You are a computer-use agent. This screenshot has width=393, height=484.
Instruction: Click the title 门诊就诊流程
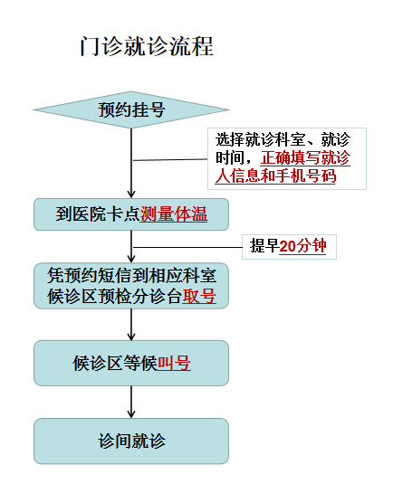click(x=147, y=46)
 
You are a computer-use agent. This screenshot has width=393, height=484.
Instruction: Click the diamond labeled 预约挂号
click(x=131, y=109)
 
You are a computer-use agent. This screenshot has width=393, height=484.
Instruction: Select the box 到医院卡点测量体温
click(x=131, y=214)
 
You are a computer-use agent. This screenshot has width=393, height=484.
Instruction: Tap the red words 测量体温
click(x=174, y=214)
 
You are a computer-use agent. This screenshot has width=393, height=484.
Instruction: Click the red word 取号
click(x=199, y=296)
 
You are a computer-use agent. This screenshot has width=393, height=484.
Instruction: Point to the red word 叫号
click(x=174, y=363)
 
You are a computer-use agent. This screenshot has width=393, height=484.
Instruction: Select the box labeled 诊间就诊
click(x=131, y=441)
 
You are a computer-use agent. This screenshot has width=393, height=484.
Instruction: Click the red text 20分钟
click(x=302, y=246)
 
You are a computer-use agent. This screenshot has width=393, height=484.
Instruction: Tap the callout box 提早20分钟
click(x=289, y=247)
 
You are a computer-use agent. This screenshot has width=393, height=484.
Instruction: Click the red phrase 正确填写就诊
click(x=305, y=158)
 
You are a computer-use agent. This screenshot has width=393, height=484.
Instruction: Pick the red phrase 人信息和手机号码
click(x=275, y=176)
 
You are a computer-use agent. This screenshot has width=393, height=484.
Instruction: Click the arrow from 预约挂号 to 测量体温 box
click(x=131, y=163)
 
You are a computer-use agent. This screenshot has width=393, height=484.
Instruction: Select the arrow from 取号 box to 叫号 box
click(x=131, y=325)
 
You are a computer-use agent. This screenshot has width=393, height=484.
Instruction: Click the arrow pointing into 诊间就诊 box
click(x=131, y=403)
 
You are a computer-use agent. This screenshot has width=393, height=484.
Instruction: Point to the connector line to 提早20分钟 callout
click(x=187, y=247)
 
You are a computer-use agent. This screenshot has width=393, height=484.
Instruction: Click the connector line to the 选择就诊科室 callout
click(x=170, y=160)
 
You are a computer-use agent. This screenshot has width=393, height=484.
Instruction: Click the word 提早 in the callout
click(x=264, y=246)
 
